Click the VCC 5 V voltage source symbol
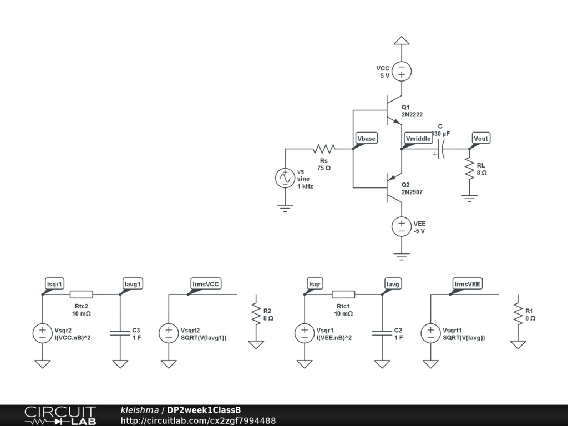(401, 71)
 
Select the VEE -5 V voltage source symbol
(401, 226)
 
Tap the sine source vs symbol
(285, 178)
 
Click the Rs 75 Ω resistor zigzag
(324, 149)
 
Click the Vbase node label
(366, 138)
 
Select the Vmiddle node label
(418, 138)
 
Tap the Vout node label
(481, 138)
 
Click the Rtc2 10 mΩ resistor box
(82, 295)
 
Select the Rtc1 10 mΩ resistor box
(343, 295)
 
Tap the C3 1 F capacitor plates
(120, 333)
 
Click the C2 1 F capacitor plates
(382, 333)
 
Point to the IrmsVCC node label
(206, 284)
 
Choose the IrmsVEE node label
(468, 284)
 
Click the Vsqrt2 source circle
(169, 333)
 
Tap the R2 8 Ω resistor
(256, 314)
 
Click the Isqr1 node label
(55, 284)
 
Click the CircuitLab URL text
(198, 420)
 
